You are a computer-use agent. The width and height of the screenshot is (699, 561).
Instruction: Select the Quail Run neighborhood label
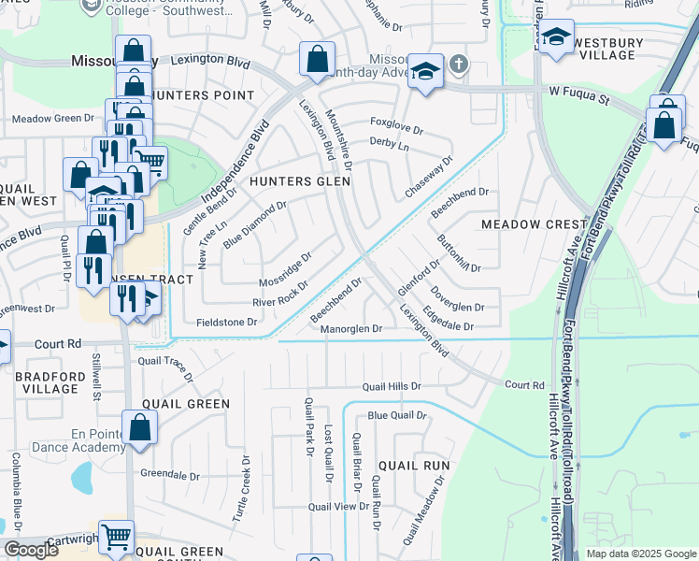point(414,465)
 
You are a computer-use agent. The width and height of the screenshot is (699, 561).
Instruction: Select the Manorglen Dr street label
point(351,329)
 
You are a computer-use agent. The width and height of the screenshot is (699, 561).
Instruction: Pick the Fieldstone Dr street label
point(226,322)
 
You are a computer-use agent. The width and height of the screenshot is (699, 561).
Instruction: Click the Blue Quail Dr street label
point(396,415)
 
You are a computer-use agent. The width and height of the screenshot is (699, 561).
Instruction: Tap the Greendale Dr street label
point(169,475)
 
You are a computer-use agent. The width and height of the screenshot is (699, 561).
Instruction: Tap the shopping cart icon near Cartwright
point(116,538)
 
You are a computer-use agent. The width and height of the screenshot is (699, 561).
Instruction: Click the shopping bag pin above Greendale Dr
point(139,428)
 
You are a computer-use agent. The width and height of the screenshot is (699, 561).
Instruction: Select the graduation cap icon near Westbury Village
point(557,37)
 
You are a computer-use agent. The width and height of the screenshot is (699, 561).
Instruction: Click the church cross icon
point(457,65)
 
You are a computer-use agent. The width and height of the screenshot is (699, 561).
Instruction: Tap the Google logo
point(31,550)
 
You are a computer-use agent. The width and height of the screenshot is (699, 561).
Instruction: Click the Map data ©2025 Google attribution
point(641,554)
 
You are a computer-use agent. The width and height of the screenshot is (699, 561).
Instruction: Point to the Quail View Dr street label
point(339,506)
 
